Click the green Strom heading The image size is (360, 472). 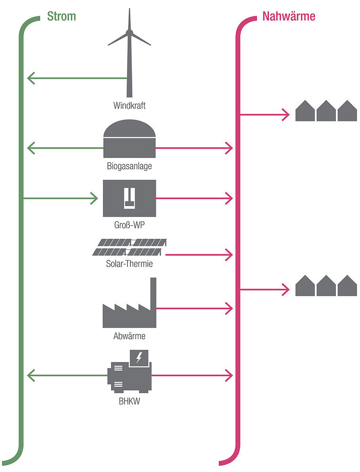click(61, 17)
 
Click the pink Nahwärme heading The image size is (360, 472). click(289, 17)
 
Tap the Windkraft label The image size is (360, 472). click(129, 105)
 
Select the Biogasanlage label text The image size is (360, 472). click(129, 166)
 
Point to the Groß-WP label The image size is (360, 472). click(129, 225)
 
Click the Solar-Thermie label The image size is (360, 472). click(129, 264)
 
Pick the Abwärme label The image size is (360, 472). click(129, 336)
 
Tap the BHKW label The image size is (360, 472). click(129, 403)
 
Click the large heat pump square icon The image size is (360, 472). click(129, 198)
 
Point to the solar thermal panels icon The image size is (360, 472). click(129, 247)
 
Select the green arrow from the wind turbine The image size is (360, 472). click(76, 77)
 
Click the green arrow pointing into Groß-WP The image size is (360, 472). click(61, 198)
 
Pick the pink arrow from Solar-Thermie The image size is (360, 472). click(198, 255)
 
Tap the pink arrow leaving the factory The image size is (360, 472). click(194, 309)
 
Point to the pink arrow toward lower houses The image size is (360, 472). click(265, 289)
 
